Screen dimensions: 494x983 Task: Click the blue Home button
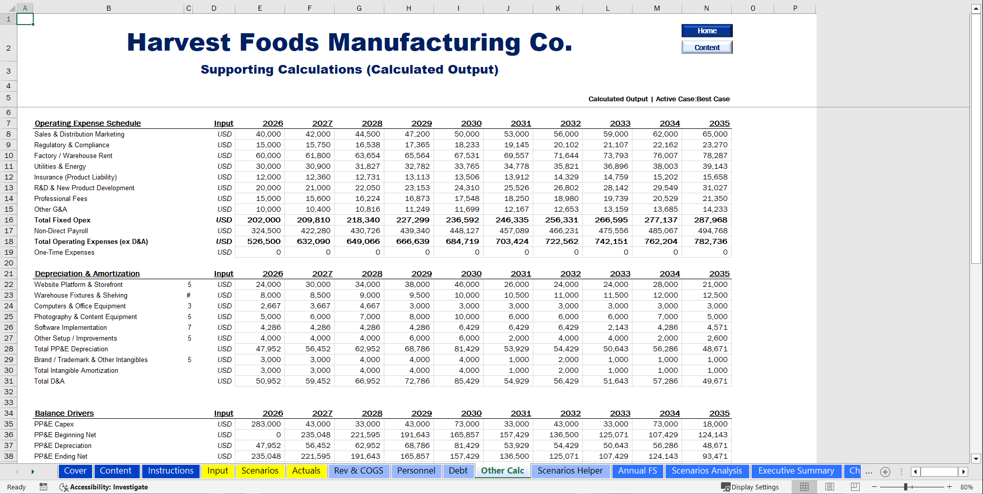pyautogui.click(x=707, y=31)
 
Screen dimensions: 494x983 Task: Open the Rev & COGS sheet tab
pyautogui.click(x=358, y=471)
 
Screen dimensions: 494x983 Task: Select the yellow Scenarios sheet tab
pyautogui.click(x=259, y=471)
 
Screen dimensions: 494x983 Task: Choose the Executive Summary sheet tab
pyautogui.click(x=796, y=471)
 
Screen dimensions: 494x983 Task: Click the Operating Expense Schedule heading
pyautogui.click(x=88, y=123)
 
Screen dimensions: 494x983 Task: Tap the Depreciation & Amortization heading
pyautogui.click(x=87, y=274)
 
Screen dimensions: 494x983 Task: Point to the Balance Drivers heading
pyautogui.click(x=64, y=413)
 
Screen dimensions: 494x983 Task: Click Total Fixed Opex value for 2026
pyautogui.click(x=264, y=220)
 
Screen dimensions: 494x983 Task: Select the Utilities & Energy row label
pyautogui.click(x=60, y=166)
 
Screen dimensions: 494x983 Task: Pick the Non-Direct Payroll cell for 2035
pyautogui.click(x=712, y=231)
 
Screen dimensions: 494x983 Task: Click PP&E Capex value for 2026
pyautogui.click(x=266, y=424)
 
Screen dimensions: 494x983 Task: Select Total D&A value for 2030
pyautogui.click(x=466, y=381)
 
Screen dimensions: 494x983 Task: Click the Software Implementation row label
pyautogui.click(x=71, y=327)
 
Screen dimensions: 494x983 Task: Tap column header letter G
pyautogui.click(x=359, y=8)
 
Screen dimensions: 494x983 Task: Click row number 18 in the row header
pyautogui.click(x=9, y=241)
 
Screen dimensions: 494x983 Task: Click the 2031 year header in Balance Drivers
pyautogui.click(x=520, y=413)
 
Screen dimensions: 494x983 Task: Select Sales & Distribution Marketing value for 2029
pyautogui.click(x=417, y=134)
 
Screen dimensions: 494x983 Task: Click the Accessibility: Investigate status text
pyautogui.click(x=108, y=487)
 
